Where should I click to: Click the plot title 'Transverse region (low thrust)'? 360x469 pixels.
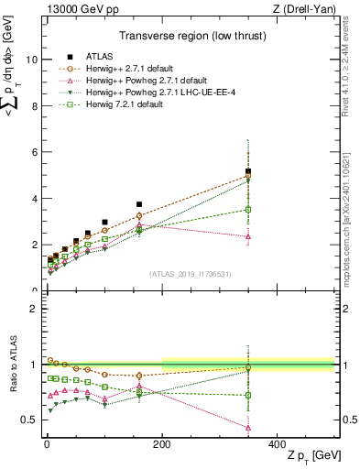pyautogui.click(x=188, y=38)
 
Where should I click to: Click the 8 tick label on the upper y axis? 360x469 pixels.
pyautogui.click(x=31, y=106)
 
